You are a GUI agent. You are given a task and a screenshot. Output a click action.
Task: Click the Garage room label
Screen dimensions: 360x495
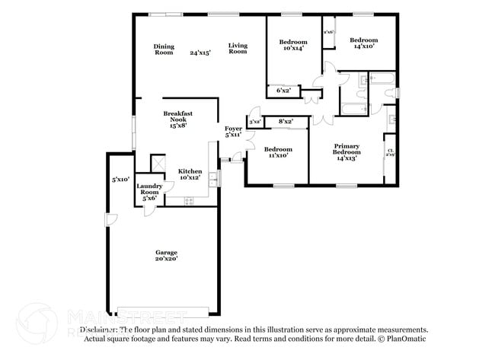point(166,256)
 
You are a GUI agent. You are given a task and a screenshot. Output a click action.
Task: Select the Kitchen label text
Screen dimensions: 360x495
point(190,174)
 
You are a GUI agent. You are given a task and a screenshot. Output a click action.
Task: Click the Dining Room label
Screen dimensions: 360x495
point(164,49)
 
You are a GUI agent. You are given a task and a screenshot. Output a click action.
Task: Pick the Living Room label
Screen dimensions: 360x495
point(238,49)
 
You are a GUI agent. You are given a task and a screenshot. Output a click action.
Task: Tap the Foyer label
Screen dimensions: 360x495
point(233,132)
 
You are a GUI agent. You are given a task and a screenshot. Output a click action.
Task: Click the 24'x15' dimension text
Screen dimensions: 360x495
point(200,53)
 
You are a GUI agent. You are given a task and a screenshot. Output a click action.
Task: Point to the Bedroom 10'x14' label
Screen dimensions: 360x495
point(292,45)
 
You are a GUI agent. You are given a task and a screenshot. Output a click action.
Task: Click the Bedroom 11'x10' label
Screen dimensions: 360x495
point(277,152)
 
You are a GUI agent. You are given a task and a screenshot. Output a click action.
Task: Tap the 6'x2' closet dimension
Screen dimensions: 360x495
point(283,91)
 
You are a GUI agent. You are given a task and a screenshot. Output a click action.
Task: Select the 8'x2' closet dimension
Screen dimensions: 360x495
point(286,122)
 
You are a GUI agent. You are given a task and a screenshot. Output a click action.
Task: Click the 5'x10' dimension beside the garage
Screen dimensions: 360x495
point(120,180)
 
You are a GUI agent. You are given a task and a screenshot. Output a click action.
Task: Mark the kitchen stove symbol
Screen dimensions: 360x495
point(188,201)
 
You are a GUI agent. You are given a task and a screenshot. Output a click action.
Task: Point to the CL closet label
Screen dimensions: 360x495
point(390,152)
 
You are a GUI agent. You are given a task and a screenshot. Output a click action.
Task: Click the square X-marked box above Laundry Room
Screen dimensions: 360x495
point(158,164)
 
